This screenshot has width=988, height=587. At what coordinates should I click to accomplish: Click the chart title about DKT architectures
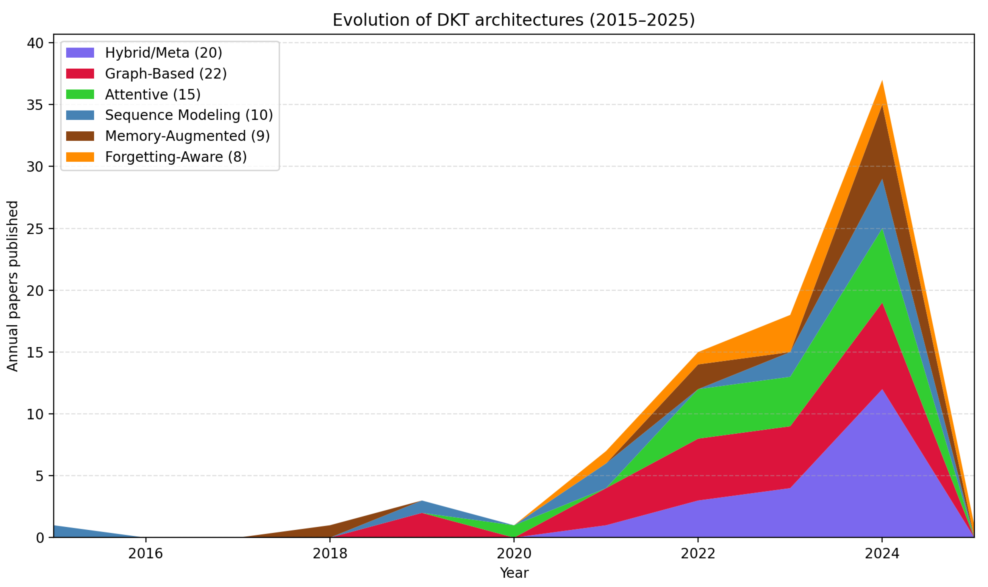[x=513, y=20]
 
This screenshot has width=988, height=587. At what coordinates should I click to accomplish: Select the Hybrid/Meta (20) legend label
[x=163, y=53]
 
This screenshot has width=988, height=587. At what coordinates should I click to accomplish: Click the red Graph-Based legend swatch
[x=80, y=74]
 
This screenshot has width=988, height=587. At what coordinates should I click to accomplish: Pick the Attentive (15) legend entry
[x=152, y=95]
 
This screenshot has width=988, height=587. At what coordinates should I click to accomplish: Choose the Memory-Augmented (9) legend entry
[x=187, y=136]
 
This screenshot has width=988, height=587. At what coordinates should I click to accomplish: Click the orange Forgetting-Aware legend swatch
[x=80, y=157]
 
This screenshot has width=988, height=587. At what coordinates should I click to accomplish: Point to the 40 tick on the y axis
[x=35, y=43]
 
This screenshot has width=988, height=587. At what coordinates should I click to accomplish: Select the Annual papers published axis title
[x=13, y=286]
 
